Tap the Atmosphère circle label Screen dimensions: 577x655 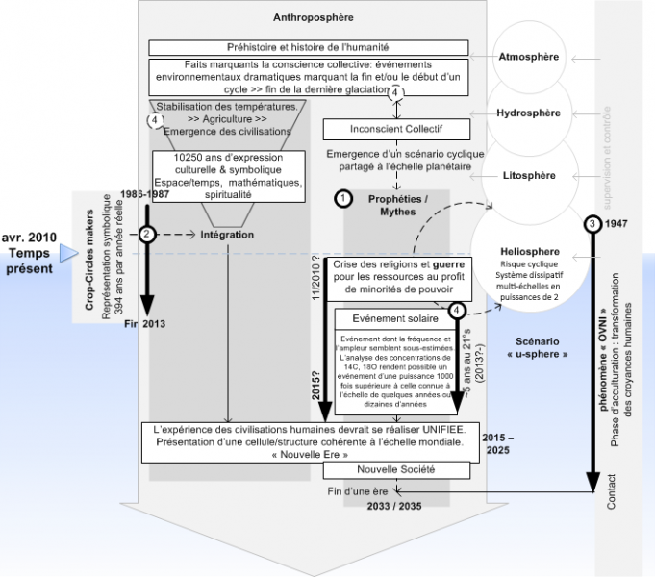[x=529, y=57]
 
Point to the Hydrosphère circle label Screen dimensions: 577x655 [x=529, y=113]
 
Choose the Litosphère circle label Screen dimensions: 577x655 [x=529, y=177]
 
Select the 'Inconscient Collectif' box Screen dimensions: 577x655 [x=396, y=128]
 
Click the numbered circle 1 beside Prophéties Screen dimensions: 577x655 [x=340, y=198]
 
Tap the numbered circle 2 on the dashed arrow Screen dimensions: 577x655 [x=146, y=234]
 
